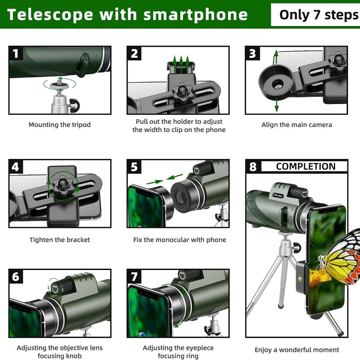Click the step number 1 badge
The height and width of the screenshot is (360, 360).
pyautogui.click(x=15, y=53)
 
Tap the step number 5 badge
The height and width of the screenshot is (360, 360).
pyautogui.click(x=134, y=167)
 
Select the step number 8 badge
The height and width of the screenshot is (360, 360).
pyautogui.click(x=253, y=167)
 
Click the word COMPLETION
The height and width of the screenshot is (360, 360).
pyautogui.click(x=306, y=167)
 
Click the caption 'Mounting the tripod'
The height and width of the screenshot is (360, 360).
pyautogui.click(x=59, y=125)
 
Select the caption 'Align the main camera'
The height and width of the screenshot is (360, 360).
pyautogui.click(x=296, y=125)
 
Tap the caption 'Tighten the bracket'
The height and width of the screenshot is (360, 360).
pyautogui.click(x=59, y=240)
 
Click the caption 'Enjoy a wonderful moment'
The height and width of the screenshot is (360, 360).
pyautogui.click(x=297, y=350)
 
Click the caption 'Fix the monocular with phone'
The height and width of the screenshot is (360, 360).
pyautogui.click(x=179, y=240)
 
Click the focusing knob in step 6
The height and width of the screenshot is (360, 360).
pyautogui.click(x=56, y=286)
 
